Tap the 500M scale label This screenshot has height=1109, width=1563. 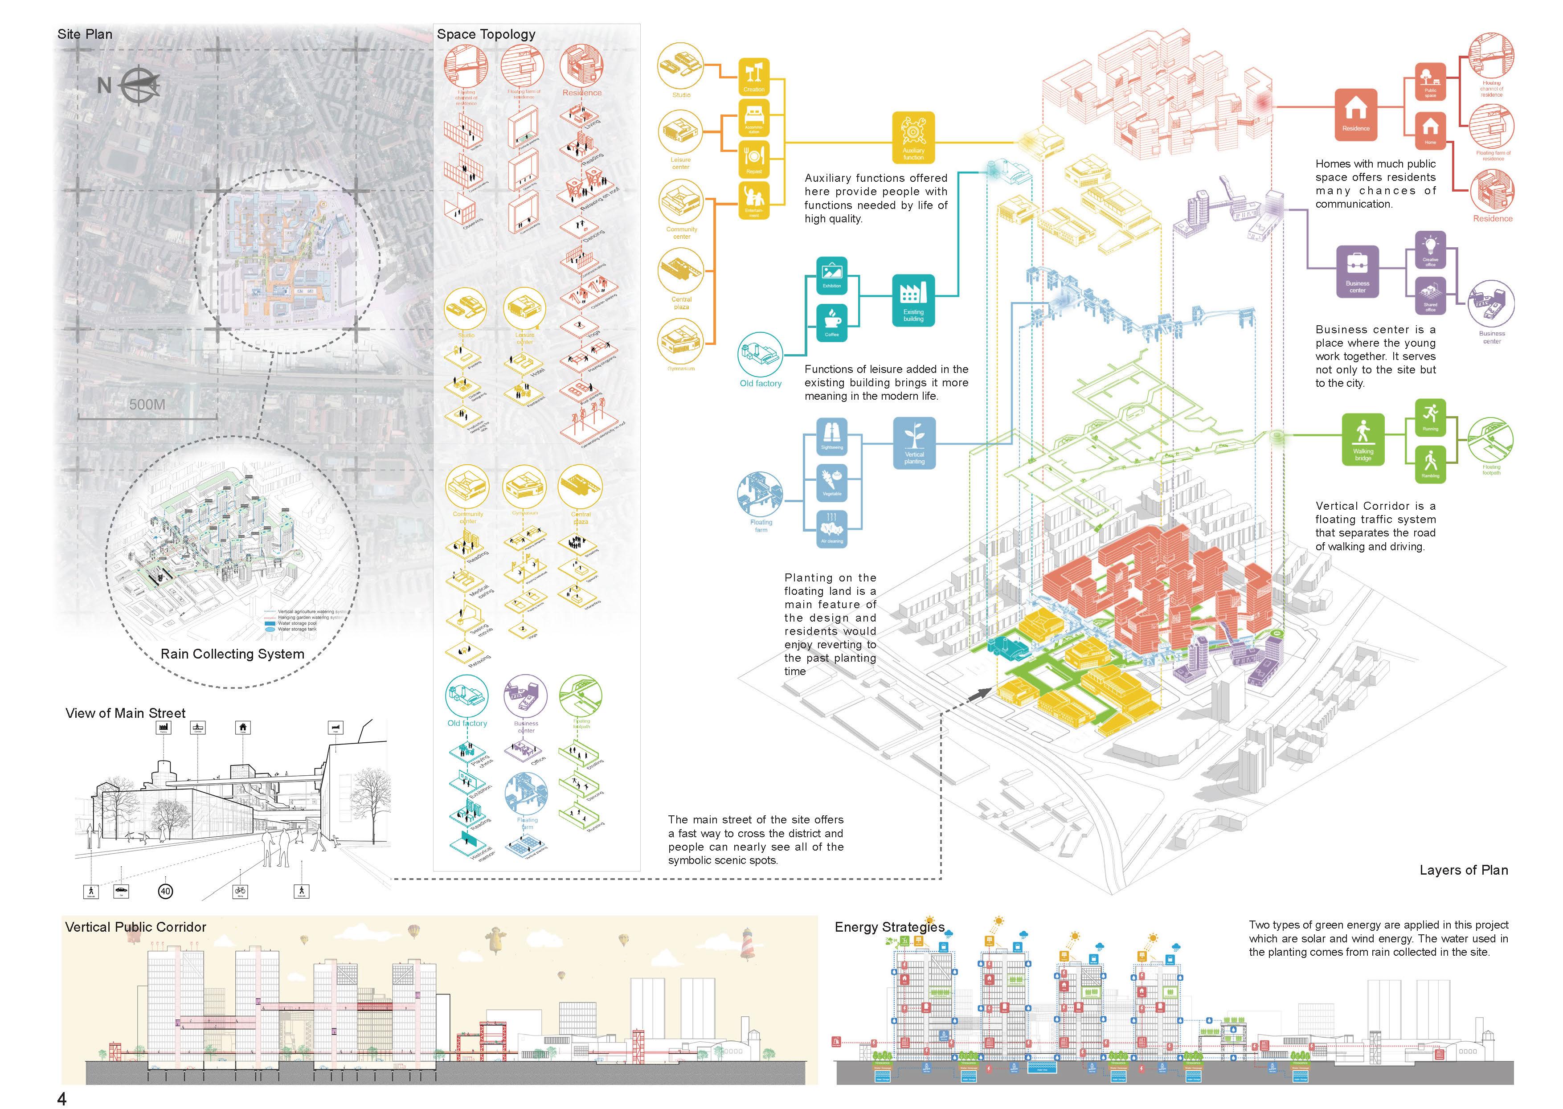pos(147,404)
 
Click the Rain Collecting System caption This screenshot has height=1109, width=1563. pos(232,654)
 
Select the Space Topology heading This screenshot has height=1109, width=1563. pos(486,34)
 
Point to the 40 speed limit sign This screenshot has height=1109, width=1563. pos(165,891)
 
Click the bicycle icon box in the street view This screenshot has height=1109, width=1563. pos(240,891)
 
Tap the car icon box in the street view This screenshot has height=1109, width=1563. pos(121,891)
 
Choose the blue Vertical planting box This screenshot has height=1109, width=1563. pos(914,443)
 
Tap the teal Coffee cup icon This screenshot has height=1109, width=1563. pos(832,322)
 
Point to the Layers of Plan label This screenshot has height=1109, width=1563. pos(1463,870)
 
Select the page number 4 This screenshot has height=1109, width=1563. pos(62,1098)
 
